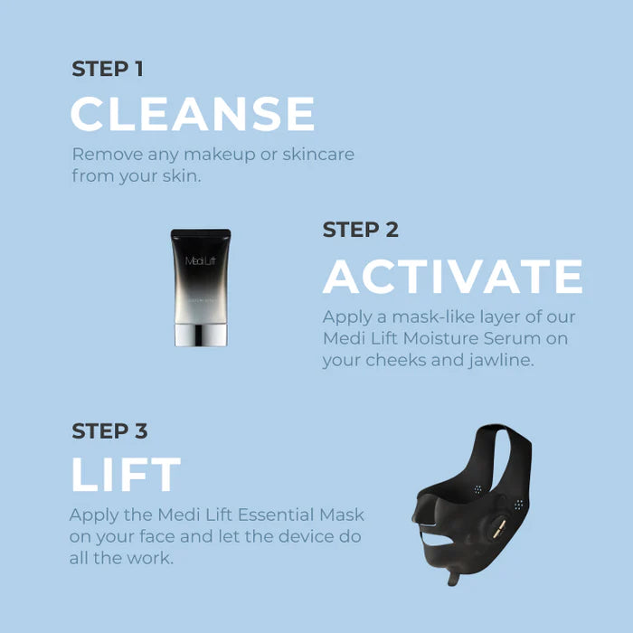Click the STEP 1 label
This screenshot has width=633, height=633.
(x=107, y=69)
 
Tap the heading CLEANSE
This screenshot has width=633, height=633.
(x=193, y=115)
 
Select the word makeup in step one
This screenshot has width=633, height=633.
(x=215, y=155)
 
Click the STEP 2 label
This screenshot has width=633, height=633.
(x=360, y=230)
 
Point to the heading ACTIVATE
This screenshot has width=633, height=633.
(x=452, y=277)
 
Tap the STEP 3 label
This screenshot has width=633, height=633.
(x=109, y=430)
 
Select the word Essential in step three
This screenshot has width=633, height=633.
(x=254, y=515)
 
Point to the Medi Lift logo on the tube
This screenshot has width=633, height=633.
(x=201, y=261)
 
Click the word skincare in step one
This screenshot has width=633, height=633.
(x=318, y=155)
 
